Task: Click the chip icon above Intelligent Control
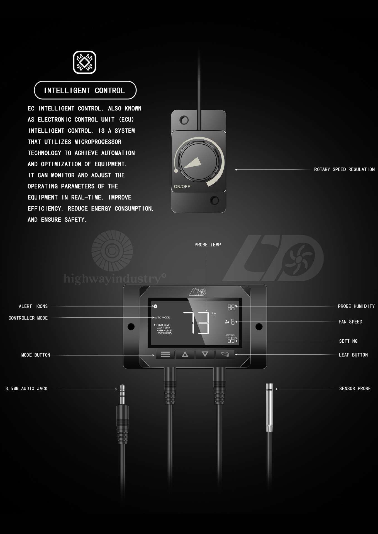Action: pos(84,62)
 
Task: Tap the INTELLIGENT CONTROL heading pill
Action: pos(85,90)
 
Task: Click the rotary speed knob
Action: pos(198,162)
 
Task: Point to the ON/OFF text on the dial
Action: pos(182,187)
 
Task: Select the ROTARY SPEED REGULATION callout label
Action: pos(344,169)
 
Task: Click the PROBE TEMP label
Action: pos(208,245)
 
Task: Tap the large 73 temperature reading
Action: pos(197,323)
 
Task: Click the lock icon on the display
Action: pos(155,306)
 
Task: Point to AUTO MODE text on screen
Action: pos(162,317)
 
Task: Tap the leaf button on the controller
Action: pos(225,354)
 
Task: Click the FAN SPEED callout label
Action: pos(350,322)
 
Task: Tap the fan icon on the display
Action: pos(227,322)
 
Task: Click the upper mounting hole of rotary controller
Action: pos(184,120)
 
